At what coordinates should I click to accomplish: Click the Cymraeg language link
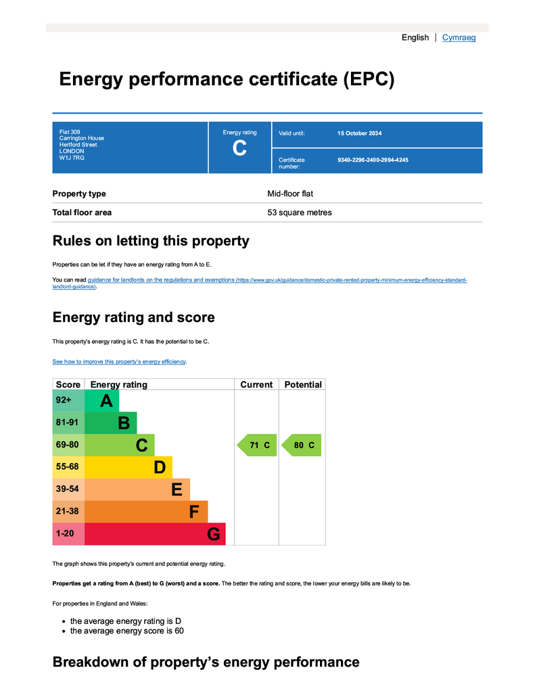click(x=459, y=38)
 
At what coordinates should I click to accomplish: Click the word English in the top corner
click(x=415, y=38)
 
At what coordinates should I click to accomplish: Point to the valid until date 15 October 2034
click(x=359, y=133)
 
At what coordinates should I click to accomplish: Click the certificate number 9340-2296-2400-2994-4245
click(x=373, y=160)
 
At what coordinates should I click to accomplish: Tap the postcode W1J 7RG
click(x=72, y=158)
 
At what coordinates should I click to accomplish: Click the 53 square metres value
click(x=299, y=213)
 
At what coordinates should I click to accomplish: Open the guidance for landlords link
click(x=161, y=280)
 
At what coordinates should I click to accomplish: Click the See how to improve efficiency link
click(x=119, y=362)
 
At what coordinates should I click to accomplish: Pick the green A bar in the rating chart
click(x=102, y=401)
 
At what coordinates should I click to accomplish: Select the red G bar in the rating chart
click(x=155, y=534)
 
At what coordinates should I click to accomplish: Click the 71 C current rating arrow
click(x=257, y=445)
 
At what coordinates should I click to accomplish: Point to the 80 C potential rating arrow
click(x=302, y=445)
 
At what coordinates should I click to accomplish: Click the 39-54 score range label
click(x=68, y=489)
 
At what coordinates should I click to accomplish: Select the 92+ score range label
click(x=64, y=401)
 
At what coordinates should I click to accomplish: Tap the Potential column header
click(x=302, y=384)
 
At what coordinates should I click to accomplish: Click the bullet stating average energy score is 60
click(x=126, y=631)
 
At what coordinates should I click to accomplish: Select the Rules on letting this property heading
click(x=151, y=241)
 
